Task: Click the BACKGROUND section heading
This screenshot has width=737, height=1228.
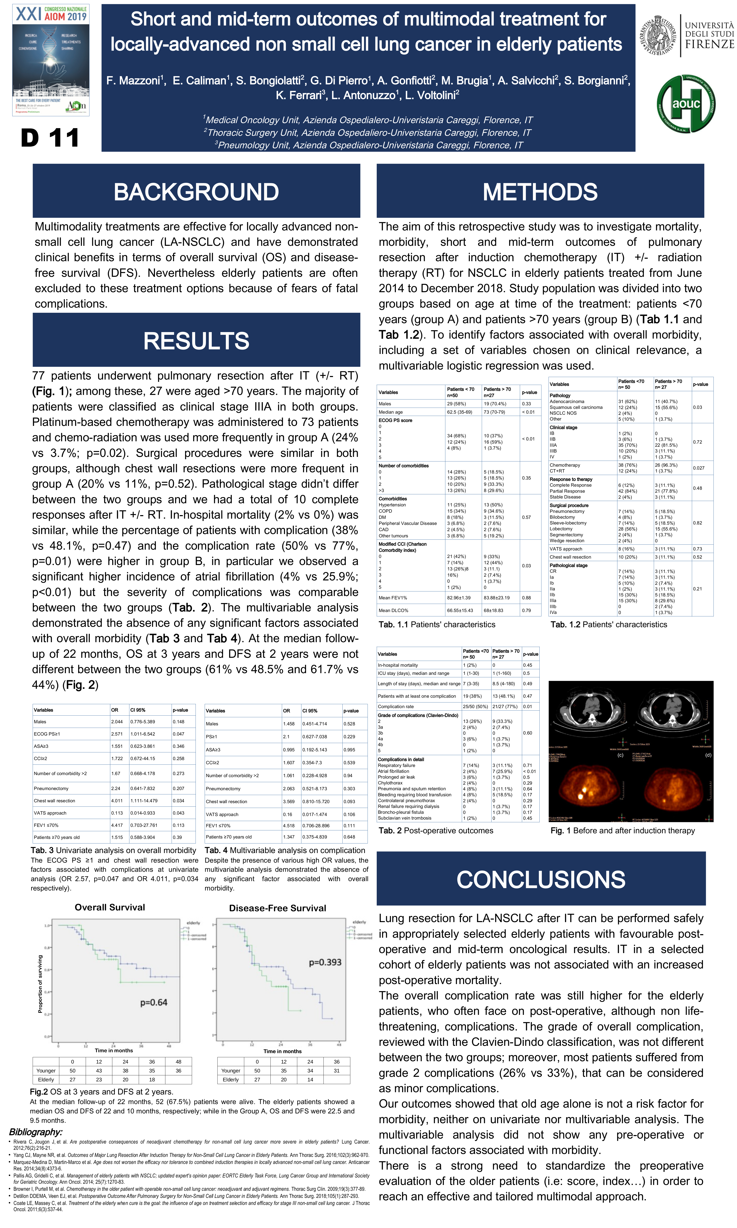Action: [x=196, y=192]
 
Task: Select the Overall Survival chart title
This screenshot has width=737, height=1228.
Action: [x=110, y=907]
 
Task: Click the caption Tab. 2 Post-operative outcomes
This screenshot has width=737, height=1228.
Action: [x=436, y=830]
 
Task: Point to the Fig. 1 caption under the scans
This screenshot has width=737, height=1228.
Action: [x=622, y=830]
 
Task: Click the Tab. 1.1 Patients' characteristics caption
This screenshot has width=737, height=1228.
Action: [x=437, y=625]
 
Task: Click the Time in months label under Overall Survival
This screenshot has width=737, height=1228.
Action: [x=114, y=1050]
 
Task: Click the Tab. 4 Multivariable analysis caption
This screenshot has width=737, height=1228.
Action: [x=285, y=850]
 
